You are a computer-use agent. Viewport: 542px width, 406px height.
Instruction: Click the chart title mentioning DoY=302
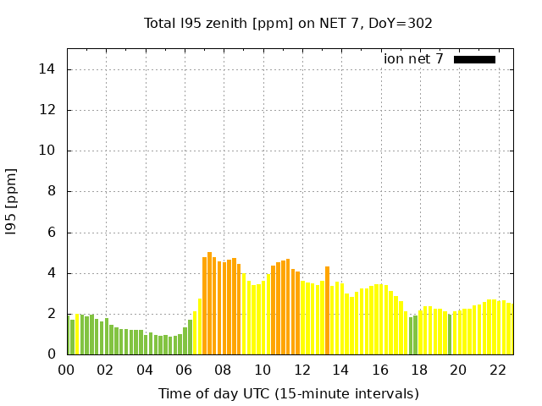click(288, 23)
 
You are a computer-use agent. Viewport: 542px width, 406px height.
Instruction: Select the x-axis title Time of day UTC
click(288, 393)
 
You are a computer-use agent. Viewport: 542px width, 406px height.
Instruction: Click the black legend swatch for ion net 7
click(474, 59)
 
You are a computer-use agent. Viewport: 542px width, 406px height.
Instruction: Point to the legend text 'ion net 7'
click(413, 59)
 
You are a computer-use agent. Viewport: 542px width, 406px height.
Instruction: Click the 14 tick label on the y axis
click(49, 69)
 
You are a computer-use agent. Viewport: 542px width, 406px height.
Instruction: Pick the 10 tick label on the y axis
click(49, 151)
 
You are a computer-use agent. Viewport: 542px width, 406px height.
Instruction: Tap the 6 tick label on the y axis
click(53, 233)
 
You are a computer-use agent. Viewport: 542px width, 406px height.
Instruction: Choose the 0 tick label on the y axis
click(53, 354)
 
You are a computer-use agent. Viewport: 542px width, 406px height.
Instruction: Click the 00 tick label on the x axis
click(66, 370)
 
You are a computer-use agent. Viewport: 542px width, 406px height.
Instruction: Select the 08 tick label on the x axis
click(223, 370)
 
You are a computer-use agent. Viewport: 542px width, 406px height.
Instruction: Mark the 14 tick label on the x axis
click(340, 370)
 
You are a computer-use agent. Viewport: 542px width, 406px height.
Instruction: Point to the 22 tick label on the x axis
click(497, 370)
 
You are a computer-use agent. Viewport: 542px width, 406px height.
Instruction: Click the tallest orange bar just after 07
click(209, 304)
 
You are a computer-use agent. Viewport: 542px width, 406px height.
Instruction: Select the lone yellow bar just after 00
click(77, 335)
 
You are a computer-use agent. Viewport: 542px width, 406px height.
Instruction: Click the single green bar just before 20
click(450, 335)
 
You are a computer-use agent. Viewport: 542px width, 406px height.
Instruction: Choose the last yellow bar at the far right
click(511, 329)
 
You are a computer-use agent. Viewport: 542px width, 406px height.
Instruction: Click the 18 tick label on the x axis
click(419, 370)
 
